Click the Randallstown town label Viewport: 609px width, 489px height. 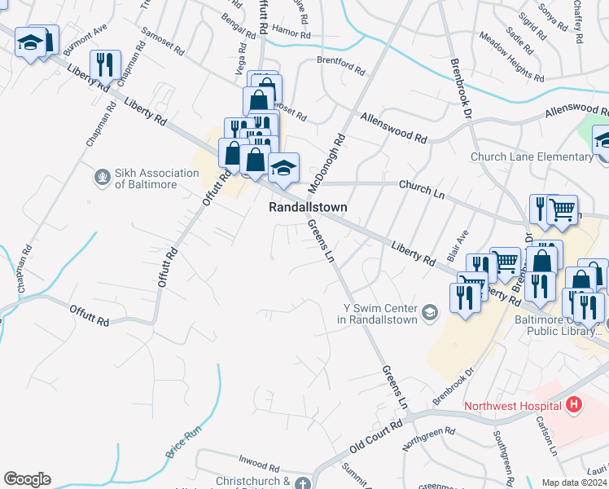click(x=308, y=208)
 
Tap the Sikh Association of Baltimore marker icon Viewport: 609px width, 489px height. click(x=102, y=177)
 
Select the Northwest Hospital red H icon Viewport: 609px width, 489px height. click(x=575, y=404)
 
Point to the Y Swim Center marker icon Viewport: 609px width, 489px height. click(x=430, y=311)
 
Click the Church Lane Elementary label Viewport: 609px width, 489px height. click(x=531, y=156)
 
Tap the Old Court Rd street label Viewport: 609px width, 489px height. click(x=376, y=438)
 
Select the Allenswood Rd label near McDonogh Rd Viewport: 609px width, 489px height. click(x=394, y=129)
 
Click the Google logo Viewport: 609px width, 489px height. click(x=27, y=479)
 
